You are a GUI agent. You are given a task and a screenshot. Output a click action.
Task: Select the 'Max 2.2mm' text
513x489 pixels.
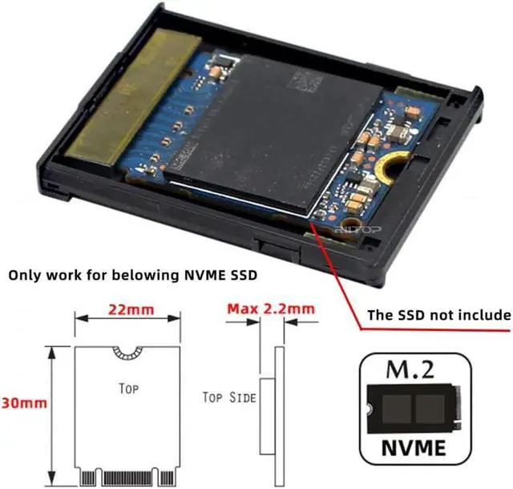270,308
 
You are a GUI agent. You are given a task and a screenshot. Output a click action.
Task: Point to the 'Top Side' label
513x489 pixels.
230,397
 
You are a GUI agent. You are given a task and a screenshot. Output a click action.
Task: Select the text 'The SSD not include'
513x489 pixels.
438,314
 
